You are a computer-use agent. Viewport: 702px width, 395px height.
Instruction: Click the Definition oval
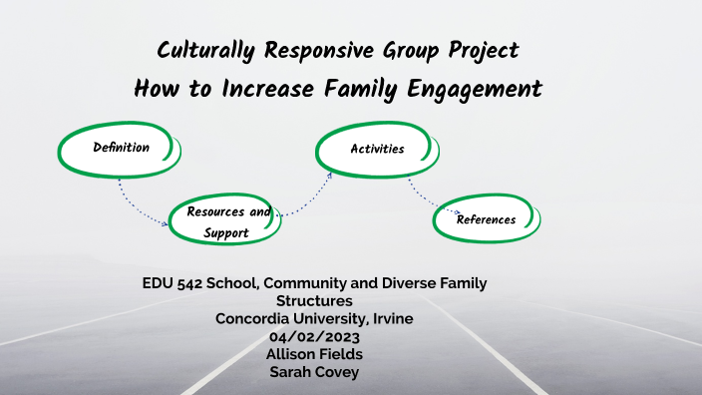[121, 149]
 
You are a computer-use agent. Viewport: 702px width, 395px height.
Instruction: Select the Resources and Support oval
[225, 221]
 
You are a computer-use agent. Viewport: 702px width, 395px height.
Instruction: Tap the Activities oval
[377, 150]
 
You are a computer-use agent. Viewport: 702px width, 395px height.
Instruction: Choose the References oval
[486, 219]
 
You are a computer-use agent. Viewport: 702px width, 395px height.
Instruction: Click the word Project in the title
[483, 50]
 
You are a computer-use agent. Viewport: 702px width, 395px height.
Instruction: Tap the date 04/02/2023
[315, 336]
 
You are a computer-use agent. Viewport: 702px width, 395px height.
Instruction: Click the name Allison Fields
[315, 354]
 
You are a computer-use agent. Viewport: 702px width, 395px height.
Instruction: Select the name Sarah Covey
[315, 372]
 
